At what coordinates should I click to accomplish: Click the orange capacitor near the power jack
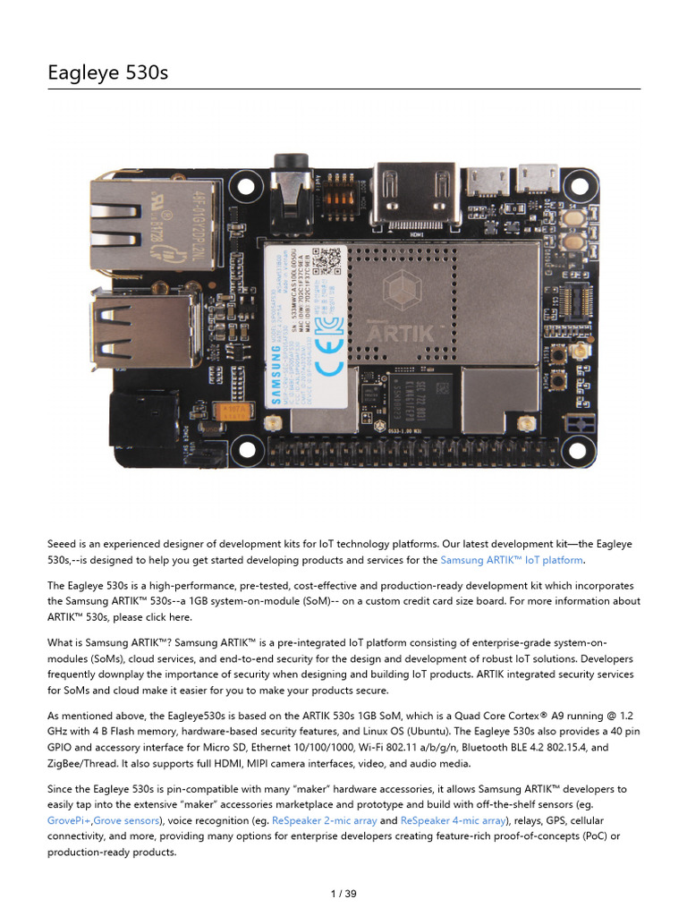pyautogui.click(x=238, y=411)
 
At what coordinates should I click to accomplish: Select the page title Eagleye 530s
pyautogui.click(x=107, y=72)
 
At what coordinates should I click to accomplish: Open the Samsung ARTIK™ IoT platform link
pyautogui.click(x=512, y=560)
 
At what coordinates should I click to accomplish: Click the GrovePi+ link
pyautogui.click(x=69, y=819)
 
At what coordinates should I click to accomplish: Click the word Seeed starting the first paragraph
pyautogui.click(x=64, y=543)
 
